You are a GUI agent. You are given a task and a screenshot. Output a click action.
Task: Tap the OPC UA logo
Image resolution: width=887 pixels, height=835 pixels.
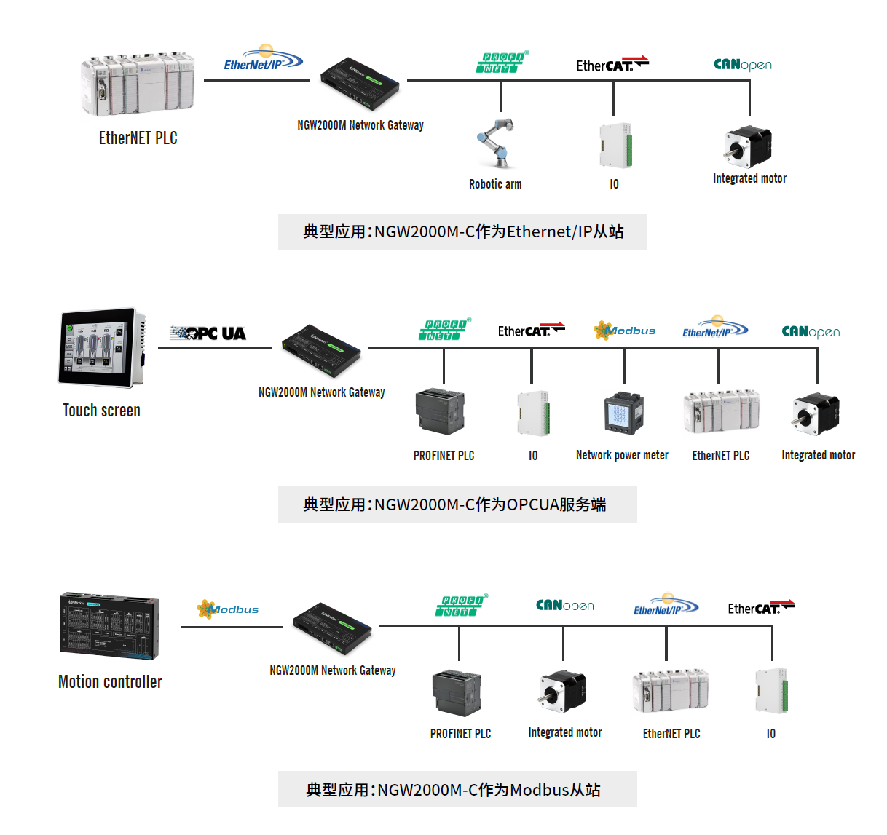pyautogui.click(x=208, y=333)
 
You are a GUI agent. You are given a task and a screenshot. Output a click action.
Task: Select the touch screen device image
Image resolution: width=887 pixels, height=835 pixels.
pyautogui.click(x=102, y=347)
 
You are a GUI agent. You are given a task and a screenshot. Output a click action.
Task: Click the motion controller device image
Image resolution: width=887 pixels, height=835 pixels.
pyautogui.click(x=109, y=626)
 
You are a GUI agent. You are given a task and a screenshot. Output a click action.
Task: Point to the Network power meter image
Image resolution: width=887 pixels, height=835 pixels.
pyautogui.click(x=623, y=413)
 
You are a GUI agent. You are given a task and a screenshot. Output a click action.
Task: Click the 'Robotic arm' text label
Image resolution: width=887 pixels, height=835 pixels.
pyautogui.click(x=495, y=184)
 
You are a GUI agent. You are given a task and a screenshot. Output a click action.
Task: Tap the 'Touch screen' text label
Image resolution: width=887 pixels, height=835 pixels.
pyautogui.click(x=101, y=411)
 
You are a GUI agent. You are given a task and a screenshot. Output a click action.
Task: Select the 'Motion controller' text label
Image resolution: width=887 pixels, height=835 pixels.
pyautogui.click(x=110, y=682)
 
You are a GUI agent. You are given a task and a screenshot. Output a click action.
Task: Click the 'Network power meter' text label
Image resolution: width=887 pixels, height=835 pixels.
pyautogui.click(x=622, y=455)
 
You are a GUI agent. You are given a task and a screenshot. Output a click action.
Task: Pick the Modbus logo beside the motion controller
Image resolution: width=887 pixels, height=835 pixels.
pyautogui.click(x=228, y=609)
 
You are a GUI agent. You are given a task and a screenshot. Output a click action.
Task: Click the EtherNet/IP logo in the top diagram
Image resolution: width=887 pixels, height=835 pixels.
pyautogui.click(x=263, y=58)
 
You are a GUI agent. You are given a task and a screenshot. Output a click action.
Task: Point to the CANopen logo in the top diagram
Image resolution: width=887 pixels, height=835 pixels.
pyautogui.click(x=742, y=65)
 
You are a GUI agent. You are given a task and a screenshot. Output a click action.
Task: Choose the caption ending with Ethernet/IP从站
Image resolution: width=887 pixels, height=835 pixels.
pyautogui.click(x=462, y=231)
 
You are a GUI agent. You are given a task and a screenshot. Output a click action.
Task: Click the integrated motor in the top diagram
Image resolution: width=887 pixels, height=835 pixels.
pyautogui.click(x=748, y=146)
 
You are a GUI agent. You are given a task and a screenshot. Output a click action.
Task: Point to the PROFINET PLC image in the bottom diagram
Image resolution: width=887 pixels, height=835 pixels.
pyautogui.click(x=457, y=694)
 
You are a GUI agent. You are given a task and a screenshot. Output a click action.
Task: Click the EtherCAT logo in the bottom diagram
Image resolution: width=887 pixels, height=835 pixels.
pyautogui.click(x=761, y=607)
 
